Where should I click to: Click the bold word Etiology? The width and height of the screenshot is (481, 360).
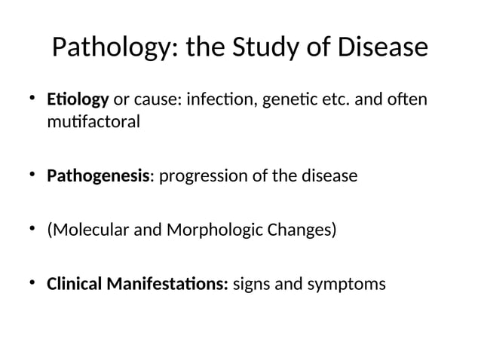[78, 100]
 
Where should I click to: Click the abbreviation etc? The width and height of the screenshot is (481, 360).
[339, 99]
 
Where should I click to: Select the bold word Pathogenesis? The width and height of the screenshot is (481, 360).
[98, 177]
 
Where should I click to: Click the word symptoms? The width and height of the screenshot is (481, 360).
[349, 285]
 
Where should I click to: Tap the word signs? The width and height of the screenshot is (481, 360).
[252, 285]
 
